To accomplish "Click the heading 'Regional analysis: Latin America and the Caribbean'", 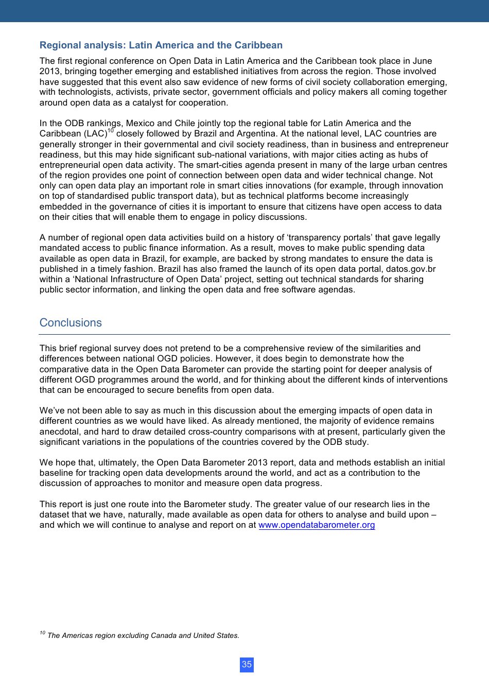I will click(x=161, y=45).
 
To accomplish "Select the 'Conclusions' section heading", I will click(x=71, y=323).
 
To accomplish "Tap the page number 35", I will click(x=247, y=665).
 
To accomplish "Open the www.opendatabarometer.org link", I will click(x=316, y=525).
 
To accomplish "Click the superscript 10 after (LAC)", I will click(x=111, y=131).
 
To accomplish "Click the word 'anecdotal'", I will click(x=59, y=432).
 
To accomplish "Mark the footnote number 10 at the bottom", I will click(x=42, y=633).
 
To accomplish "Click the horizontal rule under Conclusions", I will click(x=244, y=335).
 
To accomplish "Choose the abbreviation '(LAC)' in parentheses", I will click(x=95, y=134).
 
